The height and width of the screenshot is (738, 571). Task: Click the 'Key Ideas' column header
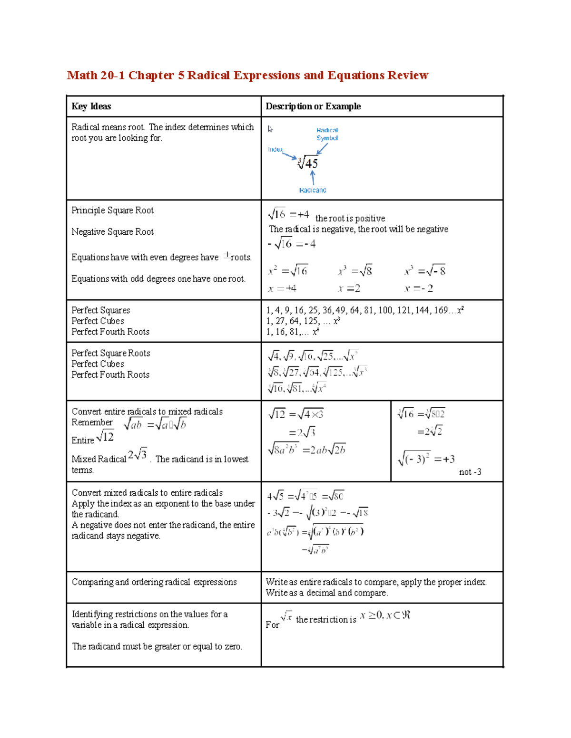click(91, 106)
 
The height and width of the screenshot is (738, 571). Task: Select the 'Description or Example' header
click(313, 106)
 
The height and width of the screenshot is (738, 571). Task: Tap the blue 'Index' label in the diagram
click(275, 149)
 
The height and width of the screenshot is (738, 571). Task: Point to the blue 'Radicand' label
click(312, 190)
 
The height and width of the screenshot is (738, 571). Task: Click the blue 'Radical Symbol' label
click(327, 134)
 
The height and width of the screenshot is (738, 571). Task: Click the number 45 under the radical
click(311, 163)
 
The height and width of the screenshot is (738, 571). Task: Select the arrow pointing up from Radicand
click(313, 177)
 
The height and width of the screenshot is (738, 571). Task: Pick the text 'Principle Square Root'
click(112, 211)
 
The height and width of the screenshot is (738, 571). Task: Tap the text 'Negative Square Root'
click(112, 232)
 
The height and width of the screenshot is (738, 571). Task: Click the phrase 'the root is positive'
click(350, 219)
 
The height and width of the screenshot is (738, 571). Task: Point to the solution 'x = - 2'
click(419, 288)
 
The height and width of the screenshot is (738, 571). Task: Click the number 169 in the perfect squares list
click(441, 310)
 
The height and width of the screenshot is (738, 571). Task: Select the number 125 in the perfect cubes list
click(311, 321)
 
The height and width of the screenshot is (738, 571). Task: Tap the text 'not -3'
click(470, 472)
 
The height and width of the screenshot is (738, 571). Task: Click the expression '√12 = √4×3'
click(295, 414)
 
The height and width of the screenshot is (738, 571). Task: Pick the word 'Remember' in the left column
click(92, 422)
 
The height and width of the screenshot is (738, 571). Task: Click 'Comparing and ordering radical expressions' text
click(154, 582)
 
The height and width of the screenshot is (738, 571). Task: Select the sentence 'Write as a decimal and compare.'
click(326, 593)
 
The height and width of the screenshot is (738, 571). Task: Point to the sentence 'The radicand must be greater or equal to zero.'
click(157, 646)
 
